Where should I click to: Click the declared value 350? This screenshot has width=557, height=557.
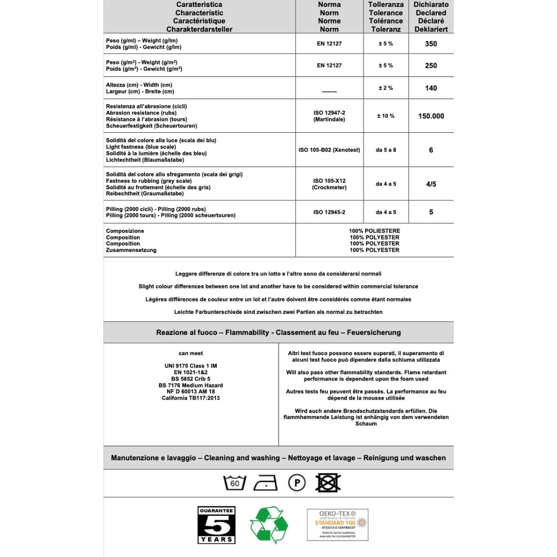coord(431,44)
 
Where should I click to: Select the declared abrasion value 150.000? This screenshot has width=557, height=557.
coord(431,116)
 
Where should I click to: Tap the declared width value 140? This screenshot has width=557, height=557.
coord(431,88)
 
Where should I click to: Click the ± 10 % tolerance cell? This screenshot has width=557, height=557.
coord(385,116)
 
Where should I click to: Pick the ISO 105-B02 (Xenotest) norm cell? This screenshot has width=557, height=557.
coord(329,150)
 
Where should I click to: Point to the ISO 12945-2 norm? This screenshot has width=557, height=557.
coord(329,212)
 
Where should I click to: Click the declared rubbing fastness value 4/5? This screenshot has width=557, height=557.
coord(431,184)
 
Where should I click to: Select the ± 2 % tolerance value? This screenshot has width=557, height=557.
coord(385,88)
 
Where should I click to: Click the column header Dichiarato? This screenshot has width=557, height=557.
coord(431,5)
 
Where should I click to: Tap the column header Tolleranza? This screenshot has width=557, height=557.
coord(386,5)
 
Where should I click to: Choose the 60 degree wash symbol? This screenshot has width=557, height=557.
coord(235,483)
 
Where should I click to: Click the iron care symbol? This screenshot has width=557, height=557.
coord(266,483)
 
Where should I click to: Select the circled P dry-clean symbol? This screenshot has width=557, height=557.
coord(297,483)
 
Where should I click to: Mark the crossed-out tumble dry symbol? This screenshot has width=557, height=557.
coord(328,483)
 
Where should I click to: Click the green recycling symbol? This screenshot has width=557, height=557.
coord(269,525)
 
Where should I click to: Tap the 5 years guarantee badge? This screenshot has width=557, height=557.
coord(216,525)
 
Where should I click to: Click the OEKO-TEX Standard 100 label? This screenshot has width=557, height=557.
coord(337,525)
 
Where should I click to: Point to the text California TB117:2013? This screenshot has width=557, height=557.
coord(191,398)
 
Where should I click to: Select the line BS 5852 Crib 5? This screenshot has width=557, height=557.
coord(191,379)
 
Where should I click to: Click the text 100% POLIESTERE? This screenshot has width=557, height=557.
coord(375,231)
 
